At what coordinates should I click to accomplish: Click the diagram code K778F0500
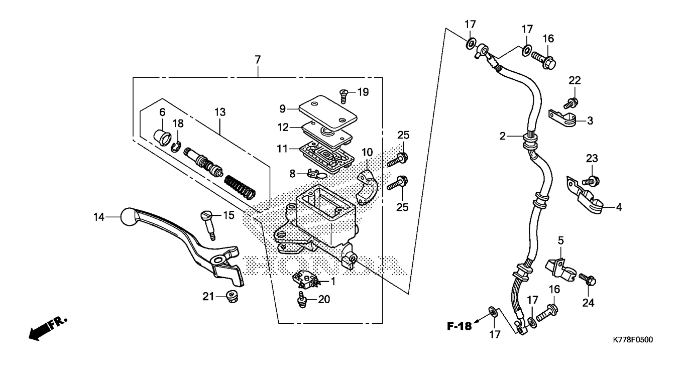pyautogui.click(x=633, y=340)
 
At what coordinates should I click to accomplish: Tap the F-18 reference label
pyautogui.click(x=460, y=326)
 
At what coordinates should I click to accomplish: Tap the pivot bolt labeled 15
pyautogui.click(x=208, y=226)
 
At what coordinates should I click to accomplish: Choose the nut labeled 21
pyautogui.click(x=232, y=296)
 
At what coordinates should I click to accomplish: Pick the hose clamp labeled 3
pyautogui.click(x=562, y=118)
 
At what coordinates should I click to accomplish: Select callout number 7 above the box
pyautogui.click(x=258, y=59)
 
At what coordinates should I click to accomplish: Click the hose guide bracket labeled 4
pyautogui.click(x=585, y=196)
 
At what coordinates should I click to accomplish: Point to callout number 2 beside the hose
pyautogui.click(x=503, y=136)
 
